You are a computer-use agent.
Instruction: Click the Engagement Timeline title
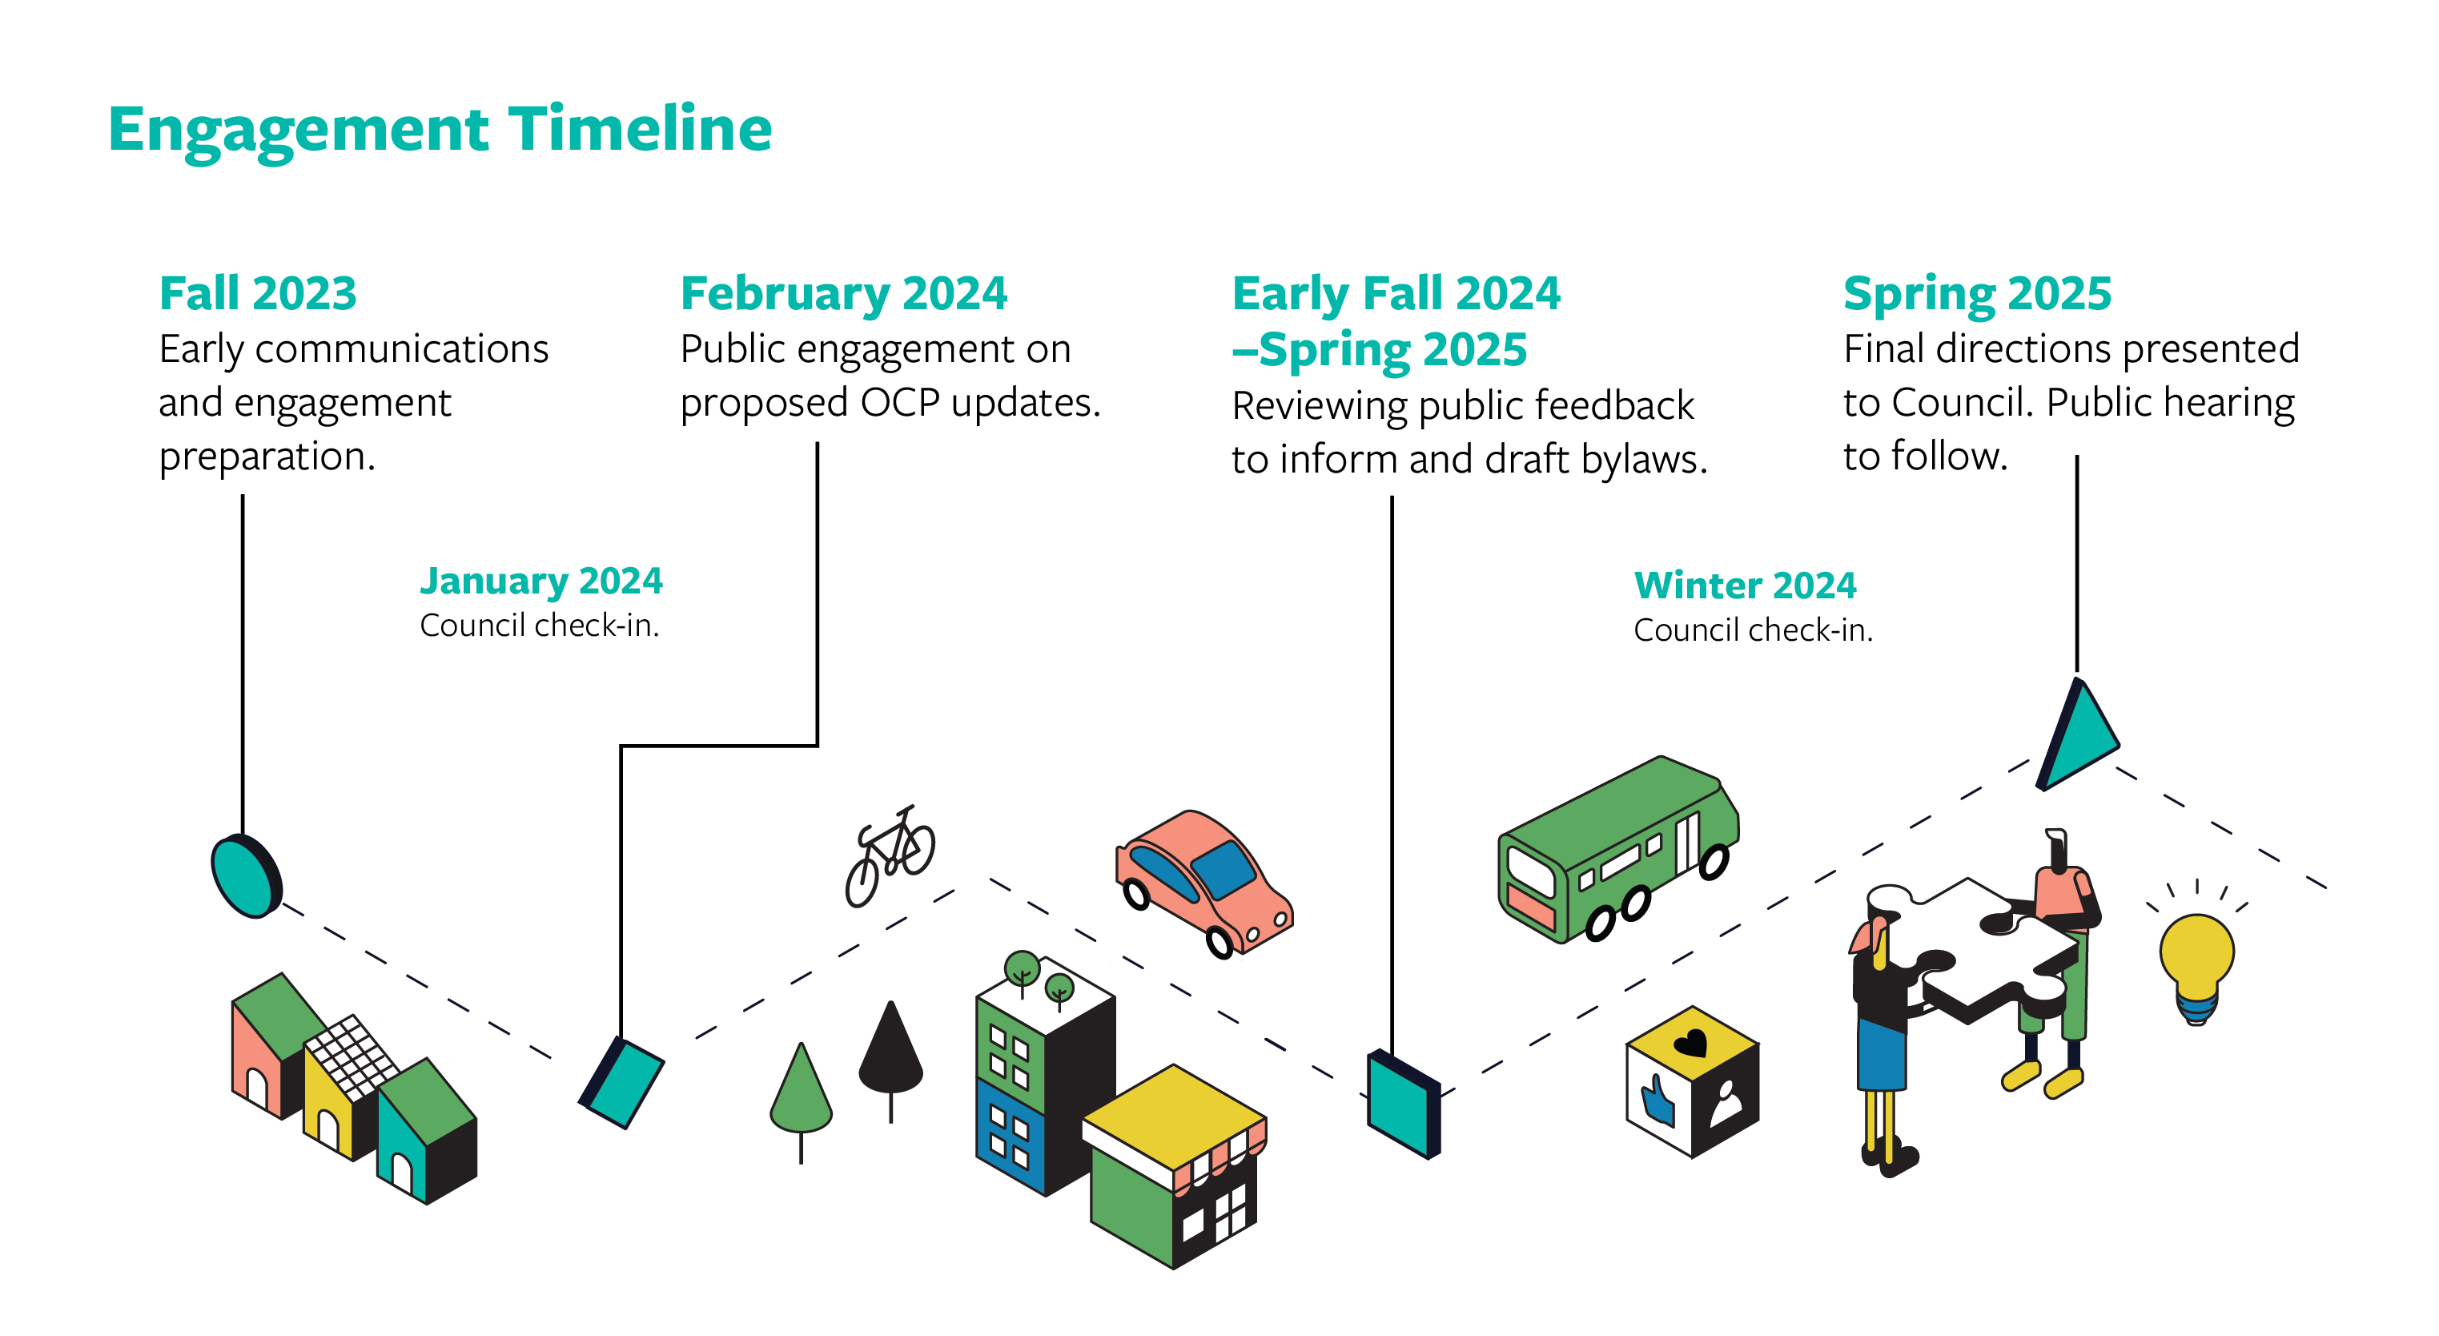pos(440,129)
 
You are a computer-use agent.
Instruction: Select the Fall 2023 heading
pos(258,292)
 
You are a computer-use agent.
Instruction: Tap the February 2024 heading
pos(842,292)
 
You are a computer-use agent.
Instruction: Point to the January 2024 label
pos(540,581)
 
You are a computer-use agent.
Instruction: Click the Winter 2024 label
pos(1744,586)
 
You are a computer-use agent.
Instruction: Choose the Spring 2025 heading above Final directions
pos(1976,292)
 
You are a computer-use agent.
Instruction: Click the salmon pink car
pos(1203,880)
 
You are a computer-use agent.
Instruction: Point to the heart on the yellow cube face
pos(1690,1044)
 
